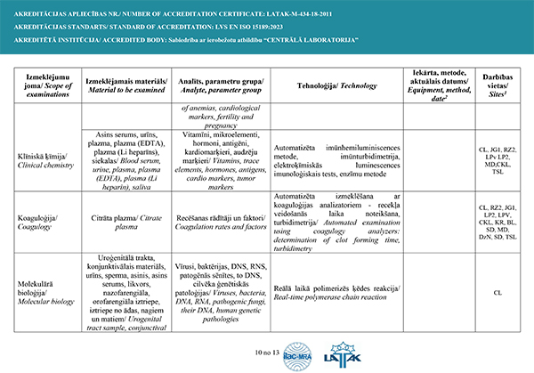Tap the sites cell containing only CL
(x=498, y=291)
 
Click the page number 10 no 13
(x=266, y=353)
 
